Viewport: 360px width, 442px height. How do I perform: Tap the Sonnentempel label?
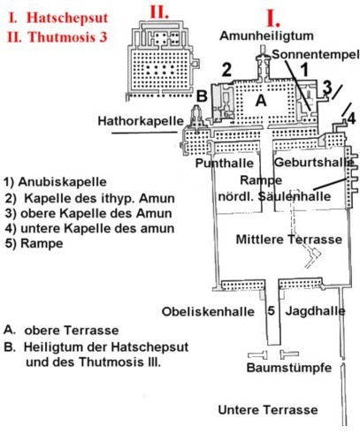click(316, 55)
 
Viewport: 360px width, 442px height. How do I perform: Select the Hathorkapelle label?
click(141, 121)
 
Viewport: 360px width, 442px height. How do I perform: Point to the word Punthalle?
click(225, 163)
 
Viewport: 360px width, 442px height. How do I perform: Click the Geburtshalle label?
click(314, 163)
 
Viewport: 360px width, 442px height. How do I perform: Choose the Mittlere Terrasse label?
click(289, 240)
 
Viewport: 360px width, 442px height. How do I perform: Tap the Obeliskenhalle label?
click(208, 312)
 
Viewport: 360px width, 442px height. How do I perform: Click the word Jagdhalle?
click(315, 311)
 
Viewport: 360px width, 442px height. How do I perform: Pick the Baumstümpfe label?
click(289, 368)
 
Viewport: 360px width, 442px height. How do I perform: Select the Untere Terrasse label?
click(268, 410)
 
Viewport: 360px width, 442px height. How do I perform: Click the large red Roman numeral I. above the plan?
click(273, 19)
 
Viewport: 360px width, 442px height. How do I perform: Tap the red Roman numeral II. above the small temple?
click(159, 12)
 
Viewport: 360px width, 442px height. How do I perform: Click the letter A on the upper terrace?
click(261, 101)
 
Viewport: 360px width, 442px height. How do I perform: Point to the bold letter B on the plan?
click(202, 95)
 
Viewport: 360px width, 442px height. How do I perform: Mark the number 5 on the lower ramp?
click(272, 310)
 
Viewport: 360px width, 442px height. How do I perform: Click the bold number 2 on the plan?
click(226, 70)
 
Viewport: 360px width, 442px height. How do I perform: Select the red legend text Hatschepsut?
click(67, 18)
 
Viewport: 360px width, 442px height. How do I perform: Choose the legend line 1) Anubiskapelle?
click(55, 182)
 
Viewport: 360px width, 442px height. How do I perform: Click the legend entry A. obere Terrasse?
click(61, 330)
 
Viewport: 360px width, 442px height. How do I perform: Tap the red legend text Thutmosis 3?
click(67, 37)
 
